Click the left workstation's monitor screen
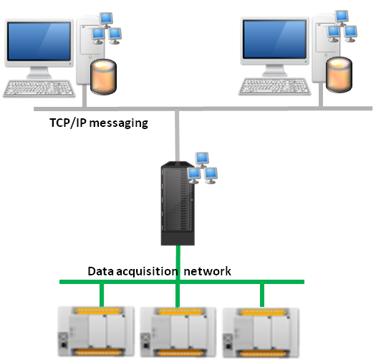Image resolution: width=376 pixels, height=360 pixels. pyautogui.click(x=39, y=41)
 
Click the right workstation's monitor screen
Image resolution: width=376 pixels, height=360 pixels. pyautogui.click(x=274, y=39)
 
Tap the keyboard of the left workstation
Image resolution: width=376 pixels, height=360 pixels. pyautogui.click(x=39, y=88)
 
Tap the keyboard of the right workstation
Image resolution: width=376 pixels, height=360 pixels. pyautogui.click(x=274, y=86)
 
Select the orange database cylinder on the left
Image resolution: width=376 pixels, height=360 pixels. pyautogui.click(x=103, y=76)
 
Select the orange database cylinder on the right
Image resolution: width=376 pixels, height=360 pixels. pyautogui.click(x=339, y=75)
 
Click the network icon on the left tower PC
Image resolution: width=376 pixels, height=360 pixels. pyautogui.click(x=107, y=29)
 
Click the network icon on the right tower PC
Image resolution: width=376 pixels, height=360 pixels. pyautogui.click(x=342, y=27)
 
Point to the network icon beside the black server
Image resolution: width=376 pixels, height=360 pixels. pyautogui.click(x=203, y=168)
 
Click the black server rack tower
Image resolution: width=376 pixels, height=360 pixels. pyautogui.click(x=178, y=203)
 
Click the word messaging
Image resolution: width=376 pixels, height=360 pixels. pyautogui.click(x=119, y=123)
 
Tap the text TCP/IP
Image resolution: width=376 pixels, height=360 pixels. pyautogui.click(x=68, y=123)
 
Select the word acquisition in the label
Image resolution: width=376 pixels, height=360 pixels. pyautogui.click(x=148, y=271)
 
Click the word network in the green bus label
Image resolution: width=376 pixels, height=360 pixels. pyautogui.click(x=208, y=271)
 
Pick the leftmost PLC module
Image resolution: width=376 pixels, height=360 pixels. pyautogui.click(x=96, y=331)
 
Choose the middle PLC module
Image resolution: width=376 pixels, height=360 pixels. pyautogui.click(x=178, y=332)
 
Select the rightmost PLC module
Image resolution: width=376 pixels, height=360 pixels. pyautogui.click(x=261, y=333)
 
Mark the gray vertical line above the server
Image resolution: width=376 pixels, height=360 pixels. pyautogui.click(x=177, y=136)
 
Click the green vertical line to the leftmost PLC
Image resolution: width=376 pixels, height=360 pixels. pyautogui.click(x=102, y=295)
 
